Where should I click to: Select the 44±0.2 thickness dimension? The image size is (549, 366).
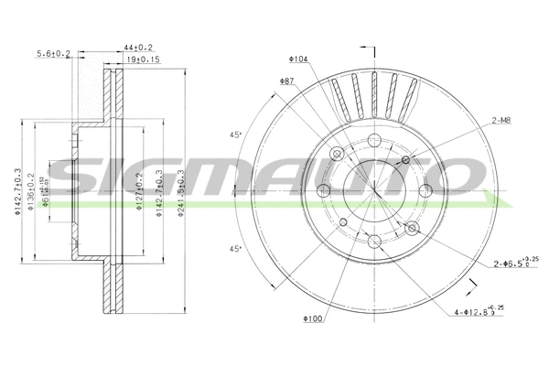[138, 47]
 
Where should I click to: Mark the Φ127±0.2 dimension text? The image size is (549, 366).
[139, 192]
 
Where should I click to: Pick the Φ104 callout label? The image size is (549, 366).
[297, 59]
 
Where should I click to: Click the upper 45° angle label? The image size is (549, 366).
[235, 135]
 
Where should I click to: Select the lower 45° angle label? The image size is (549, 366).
[235, 249]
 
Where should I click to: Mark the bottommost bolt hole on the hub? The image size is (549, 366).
[374, 240]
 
